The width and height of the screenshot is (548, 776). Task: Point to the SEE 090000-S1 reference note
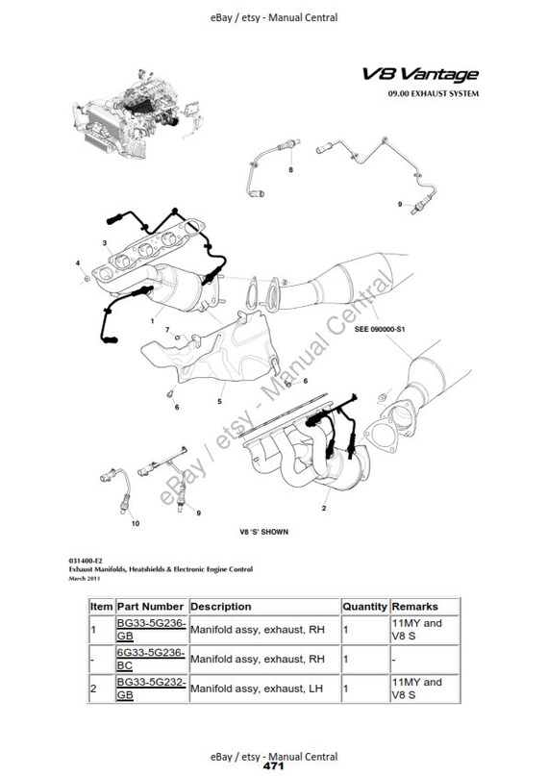[384, 328]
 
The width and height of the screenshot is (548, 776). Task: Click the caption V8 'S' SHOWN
[262, 531]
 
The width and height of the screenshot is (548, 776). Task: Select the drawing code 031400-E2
[84, 560]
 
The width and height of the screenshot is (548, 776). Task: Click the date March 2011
[83, 578]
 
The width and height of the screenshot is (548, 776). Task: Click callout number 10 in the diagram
[134, 523]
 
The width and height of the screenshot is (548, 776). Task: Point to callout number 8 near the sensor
[292, 169]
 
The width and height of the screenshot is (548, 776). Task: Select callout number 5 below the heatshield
[220, 401]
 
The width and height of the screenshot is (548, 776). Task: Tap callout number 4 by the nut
[78, 263]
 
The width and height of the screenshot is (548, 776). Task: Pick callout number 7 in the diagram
[166, 330]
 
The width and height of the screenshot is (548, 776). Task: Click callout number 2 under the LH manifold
[324, 506]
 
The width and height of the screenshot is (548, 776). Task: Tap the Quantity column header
[364, 607]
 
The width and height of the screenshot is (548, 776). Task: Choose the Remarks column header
[415, 607]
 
